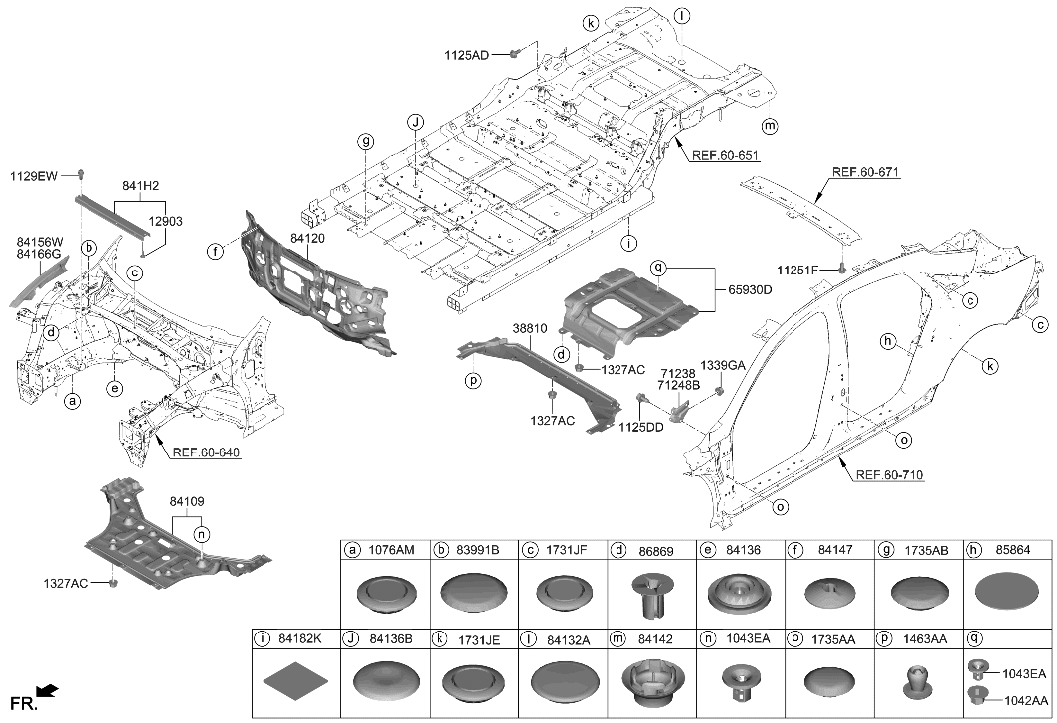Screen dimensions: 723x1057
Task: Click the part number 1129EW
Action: (36, 176)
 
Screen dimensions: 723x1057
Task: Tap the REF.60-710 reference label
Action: (889, 475)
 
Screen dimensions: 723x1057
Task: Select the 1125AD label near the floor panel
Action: (466, 55)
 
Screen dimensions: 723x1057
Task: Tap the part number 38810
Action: (530, 328)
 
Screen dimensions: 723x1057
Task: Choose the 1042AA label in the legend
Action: (1024, 699)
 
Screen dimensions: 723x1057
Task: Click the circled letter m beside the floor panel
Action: (769, 126)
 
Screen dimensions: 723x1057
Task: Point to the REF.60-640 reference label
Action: (208, 452)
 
